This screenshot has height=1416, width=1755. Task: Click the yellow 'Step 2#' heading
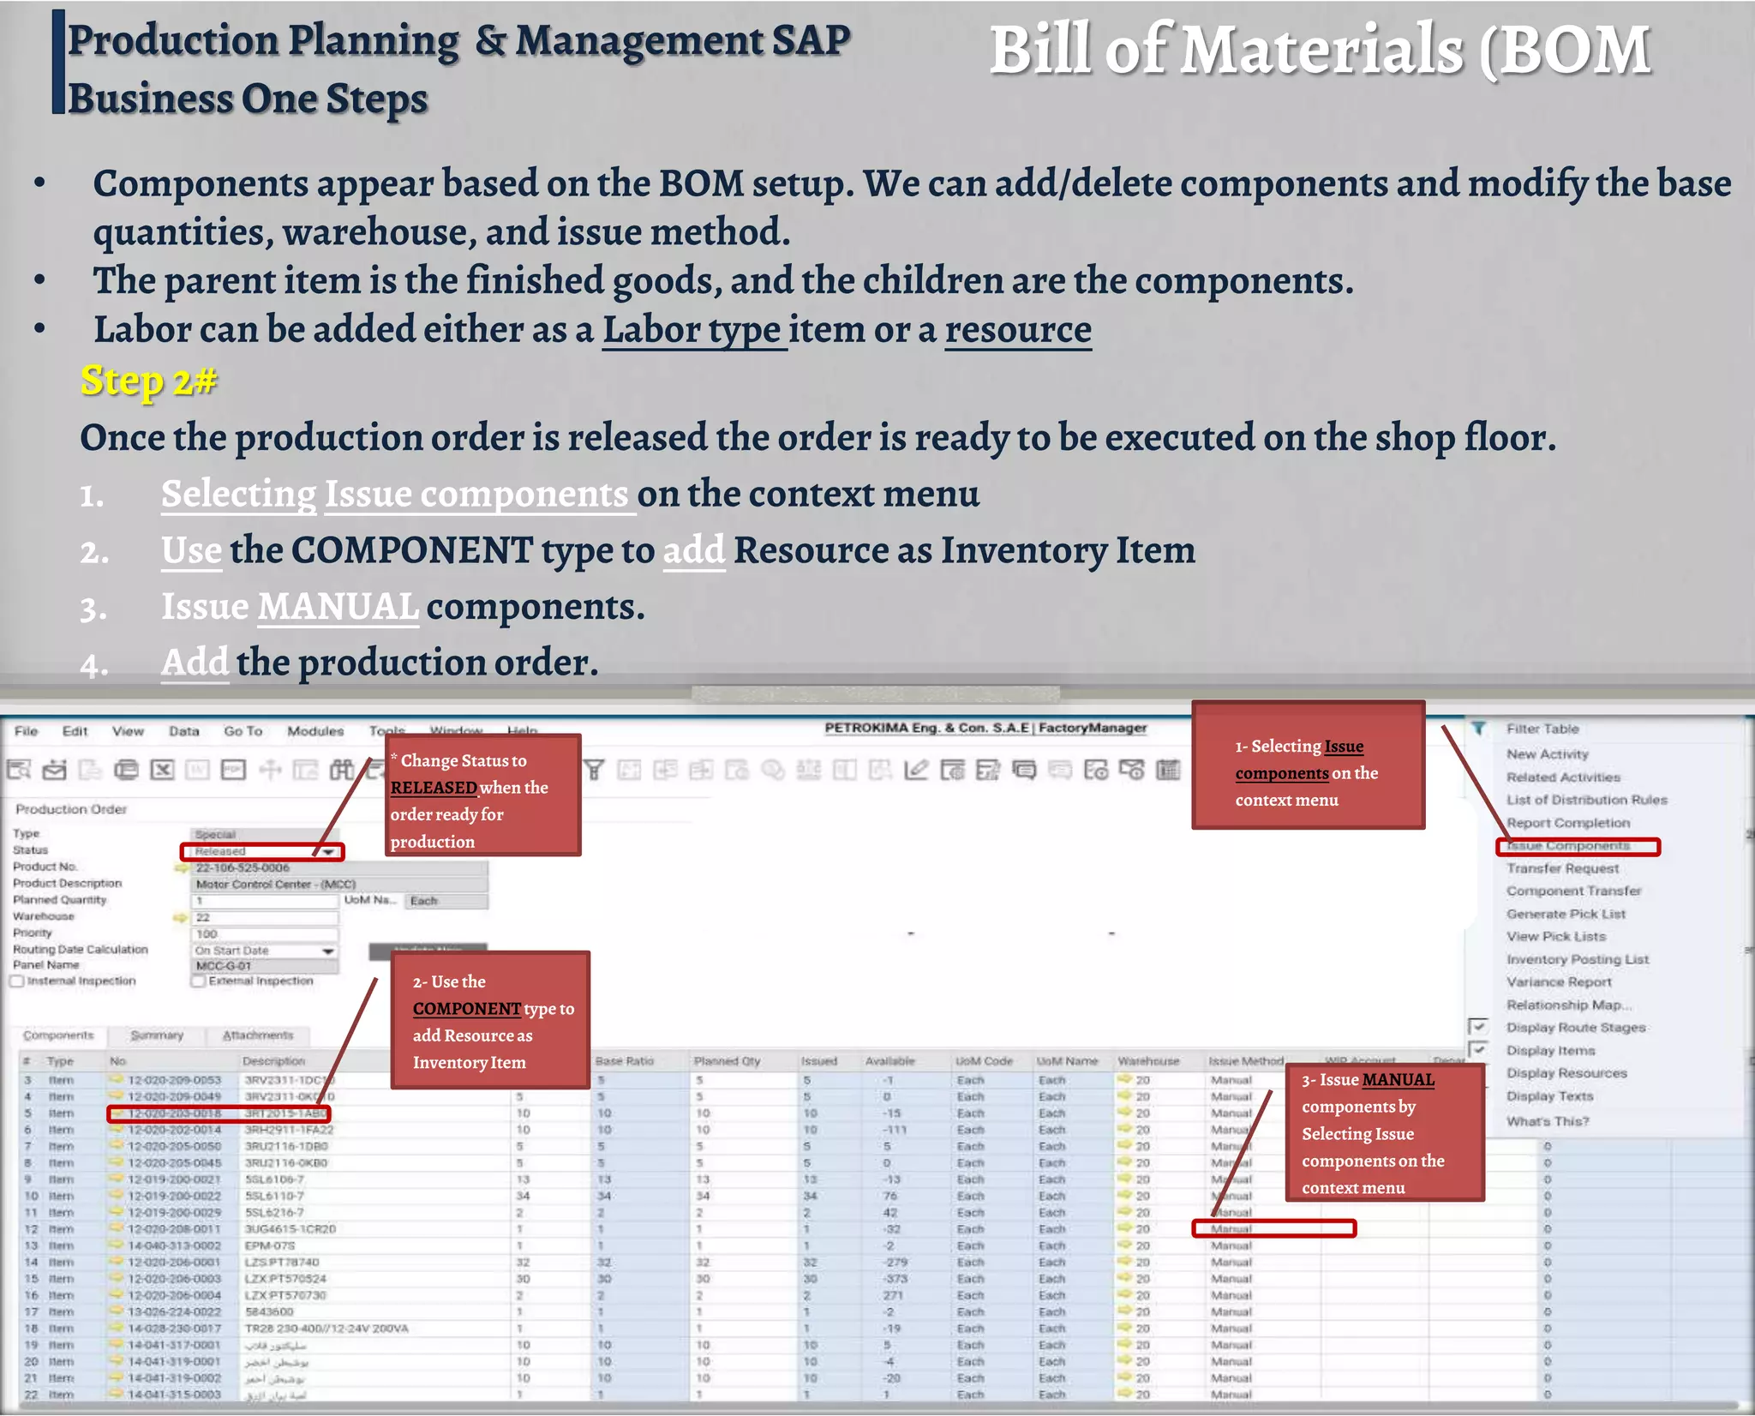pos(148,381)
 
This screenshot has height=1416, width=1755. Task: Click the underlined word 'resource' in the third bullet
pos(1018,330)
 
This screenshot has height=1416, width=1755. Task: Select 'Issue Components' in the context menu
pos(1568,846)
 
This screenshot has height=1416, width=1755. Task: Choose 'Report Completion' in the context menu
pos(1568,823)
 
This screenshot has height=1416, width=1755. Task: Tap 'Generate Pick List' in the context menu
pos(1566,914)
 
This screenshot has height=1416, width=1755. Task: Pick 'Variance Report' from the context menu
pos(1559,982)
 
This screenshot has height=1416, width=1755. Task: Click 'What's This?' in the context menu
pos(1548,1121)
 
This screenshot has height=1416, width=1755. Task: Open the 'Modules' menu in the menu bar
pos(315,731)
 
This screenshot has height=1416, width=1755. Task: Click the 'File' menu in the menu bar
pos(27,731)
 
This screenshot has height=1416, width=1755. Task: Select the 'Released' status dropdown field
pos(261,851)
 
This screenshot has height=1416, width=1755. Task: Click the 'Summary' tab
pos(157,1035)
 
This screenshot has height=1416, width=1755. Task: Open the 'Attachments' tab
pos(258,1035)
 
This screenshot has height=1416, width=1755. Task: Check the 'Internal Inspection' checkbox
pos(17,981)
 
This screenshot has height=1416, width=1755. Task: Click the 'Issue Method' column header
pos(1245,1061)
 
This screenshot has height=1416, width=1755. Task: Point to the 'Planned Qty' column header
pos(727,1061)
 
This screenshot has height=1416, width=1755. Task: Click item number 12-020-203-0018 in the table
pos(174,1113)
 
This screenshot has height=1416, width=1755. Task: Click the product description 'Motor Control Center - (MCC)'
pos(275,884)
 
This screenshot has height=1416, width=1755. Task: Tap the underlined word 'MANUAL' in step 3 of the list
pos(338,608)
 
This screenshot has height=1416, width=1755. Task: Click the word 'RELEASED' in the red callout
pos(434,788)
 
